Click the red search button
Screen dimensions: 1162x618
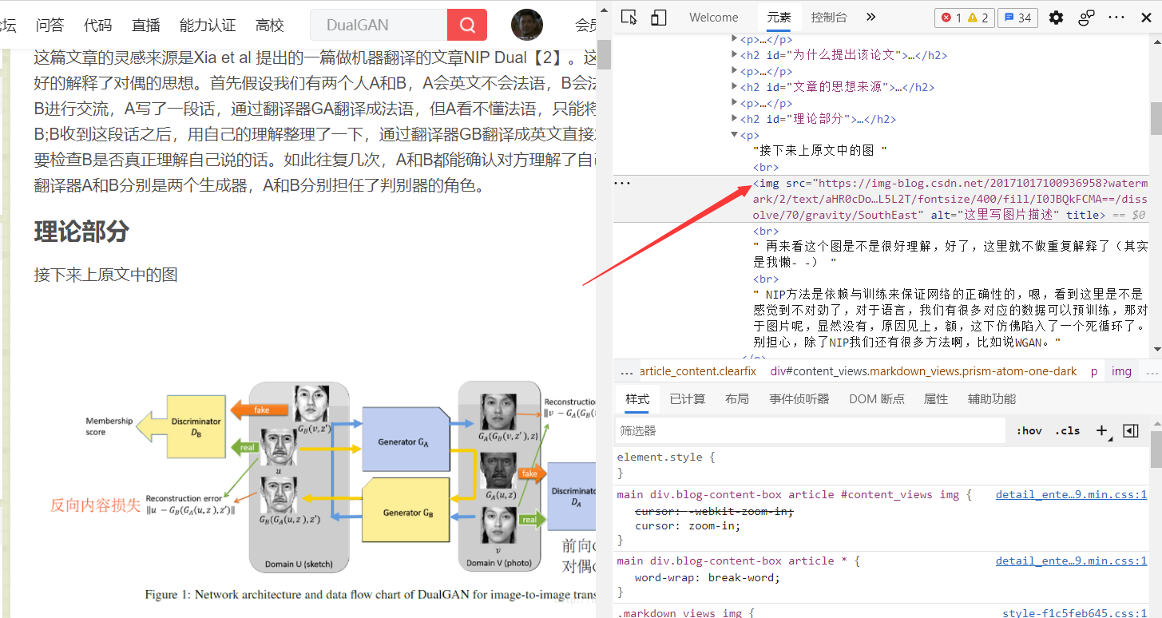pos(467,25)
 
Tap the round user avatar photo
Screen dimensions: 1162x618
pos(527,25)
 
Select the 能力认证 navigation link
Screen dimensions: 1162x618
pos(208,25)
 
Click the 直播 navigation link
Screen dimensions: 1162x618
pos(146,25)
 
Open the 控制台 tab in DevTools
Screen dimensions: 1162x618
pos(829,17)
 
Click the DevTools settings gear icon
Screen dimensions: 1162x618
pos(1056,17)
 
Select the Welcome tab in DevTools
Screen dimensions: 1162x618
pos(714,17)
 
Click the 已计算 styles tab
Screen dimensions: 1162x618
pos(688,398)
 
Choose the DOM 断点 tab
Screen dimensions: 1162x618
pos(877,398)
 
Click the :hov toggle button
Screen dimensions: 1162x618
pos(1029,430)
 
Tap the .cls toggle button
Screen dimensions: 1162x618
pos(1067,430)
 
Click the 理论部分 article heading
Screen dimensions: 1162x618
pos(81,232)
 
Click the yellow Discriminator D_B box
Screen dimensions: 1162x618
pos(196,427)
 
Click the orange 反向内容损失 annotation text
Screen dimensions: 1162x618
pos(95,505)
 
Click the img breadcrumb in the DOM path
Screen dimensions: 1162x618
pos(1121,371)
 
